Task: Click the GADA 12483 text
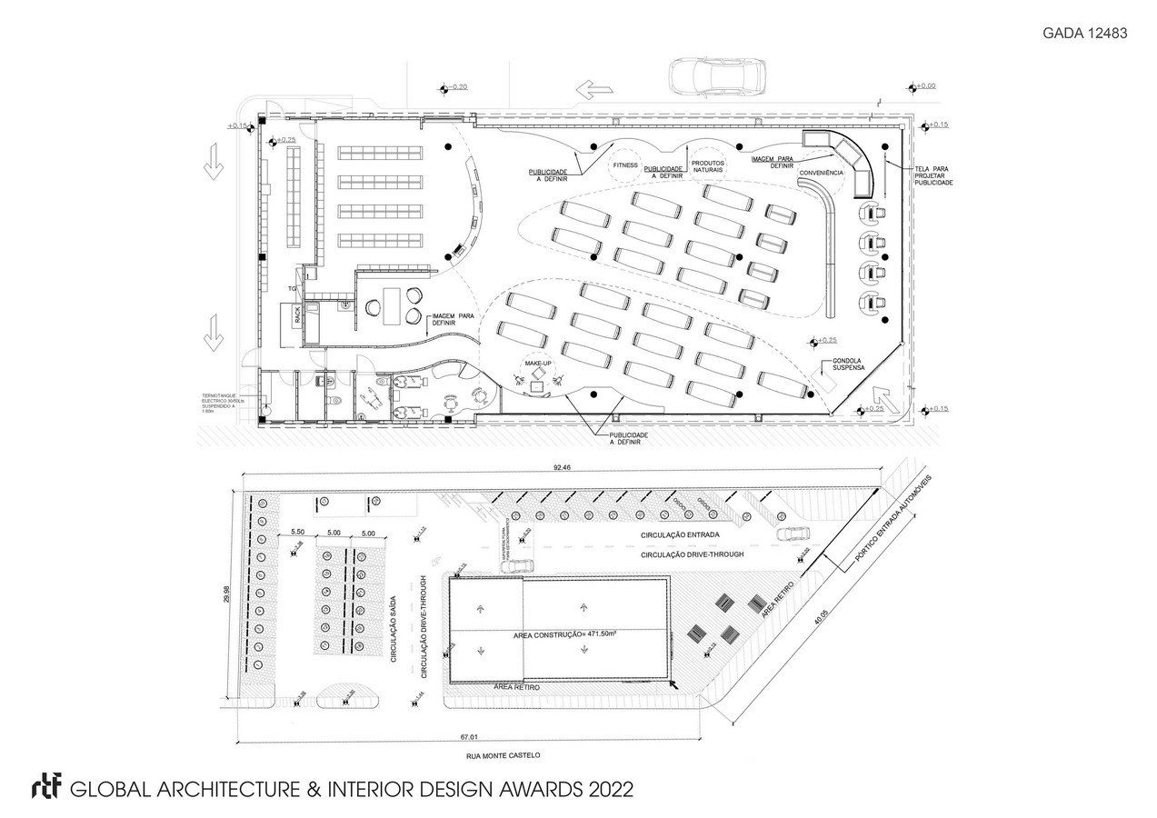tap(1084, 33)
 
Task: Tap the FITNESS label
tap(625, 165)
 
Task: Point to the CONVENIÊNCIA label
tap(821, 173)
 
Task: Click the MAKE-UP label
tap(535, 364)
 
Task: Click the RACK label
tap(297, 314)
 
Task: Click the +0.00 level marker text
tap(924, 86)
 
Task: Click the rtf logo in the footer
tap(45, 787)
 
